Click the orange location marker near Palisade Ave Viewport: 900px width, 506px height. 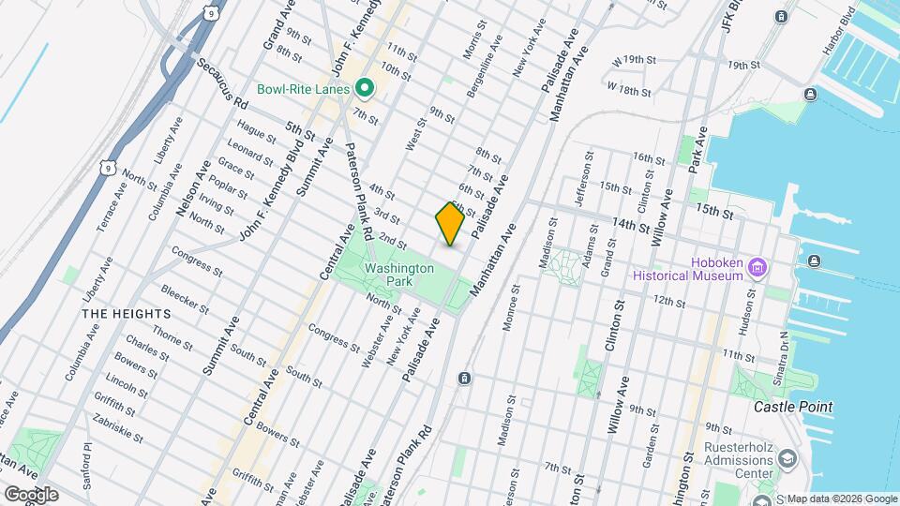pos(450,224)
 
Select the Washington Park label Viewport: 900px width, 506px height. pos(399,274)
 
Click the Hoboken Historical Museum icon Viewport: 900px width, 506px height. pos(759,270)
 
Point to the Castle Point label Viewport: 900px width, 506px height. pos(794,407)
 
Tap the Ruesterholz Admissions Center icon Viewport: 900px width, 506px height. pos(786,459)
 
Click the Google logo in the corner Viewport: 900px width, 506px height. pos(31,494)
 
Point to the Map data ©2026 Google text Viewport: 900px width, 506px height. pos(841,499)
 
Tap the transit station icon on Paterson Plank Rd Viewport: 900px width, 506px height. pos(464,378)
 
